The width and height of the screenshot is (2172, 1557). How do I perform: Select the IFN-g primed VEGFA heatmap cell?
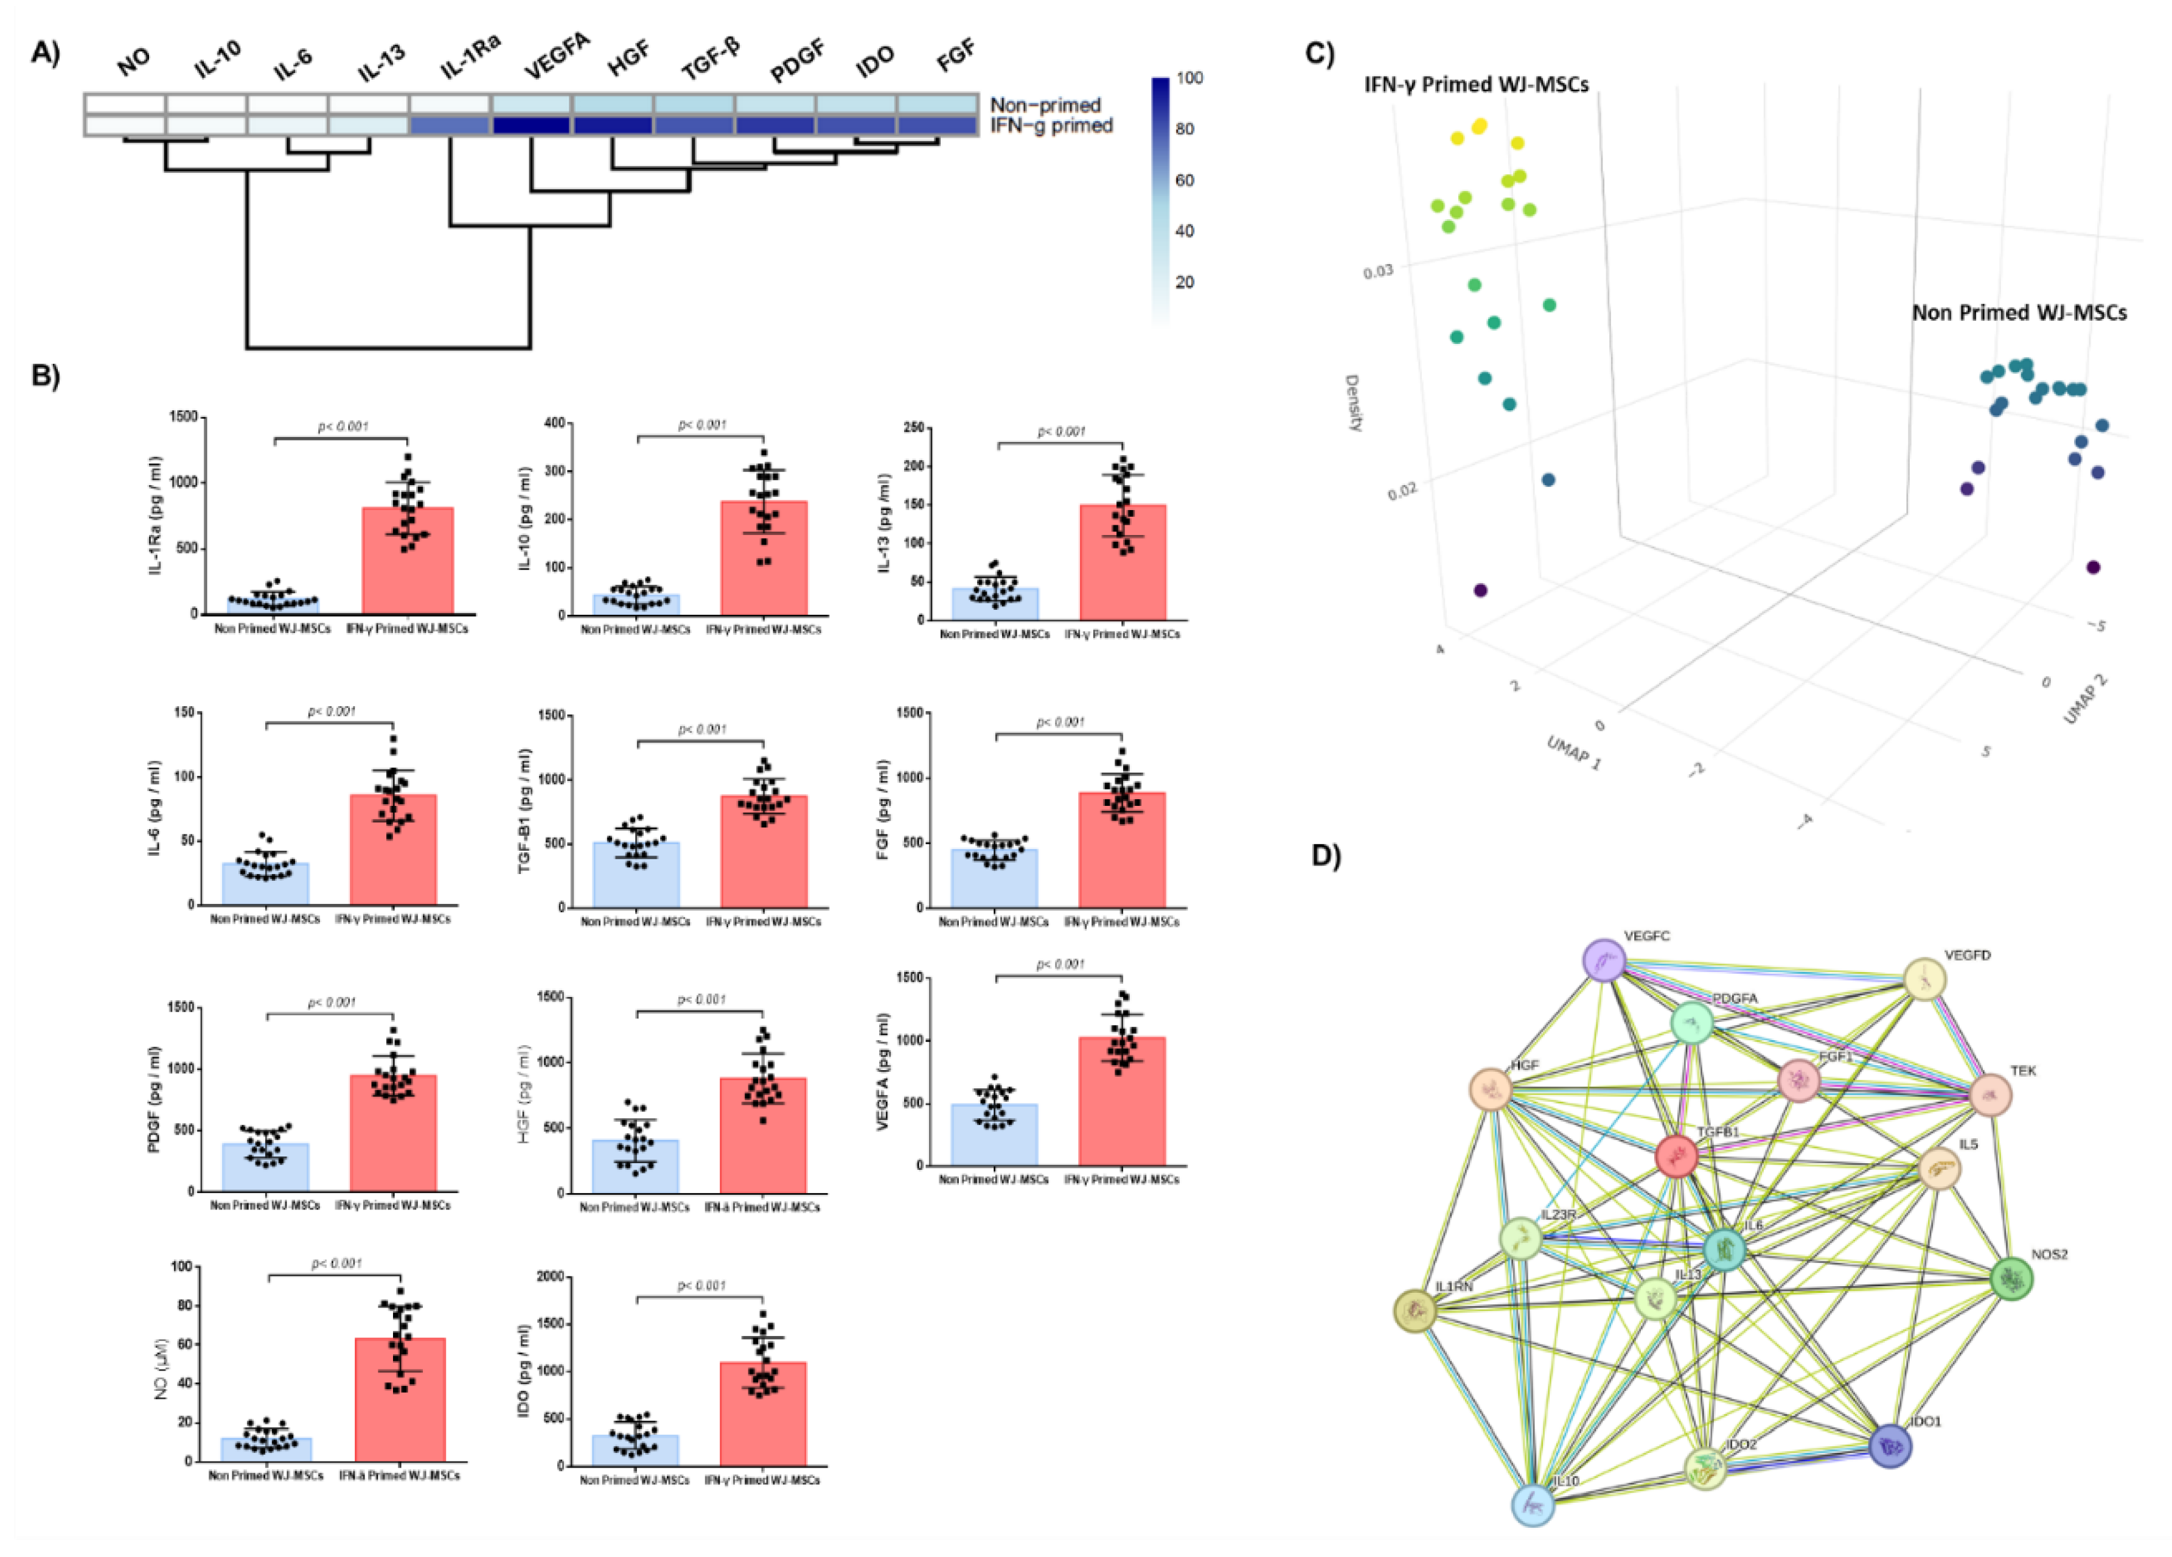pos(532,125)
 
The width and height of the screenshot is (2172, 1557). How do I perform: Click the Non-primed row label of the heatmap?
pos(1045,105)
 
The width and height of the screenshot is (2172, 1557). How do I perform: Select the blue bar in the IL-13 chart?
pos(994,604)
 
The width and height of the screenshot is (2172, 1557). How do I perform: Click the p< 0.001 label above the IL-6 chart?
pos(332,711)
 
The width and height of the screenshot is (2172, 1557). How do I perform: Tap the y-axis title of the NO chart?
pos(161,1368)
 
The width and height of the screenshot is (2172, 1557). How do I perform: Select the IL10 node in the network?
pos(1533,1503)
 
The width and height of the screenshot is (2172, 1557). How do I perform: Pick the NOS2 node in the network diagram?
pos(2011,1279)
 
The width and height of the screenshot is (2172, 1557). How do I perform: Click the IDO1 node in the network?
pos(1890,1446)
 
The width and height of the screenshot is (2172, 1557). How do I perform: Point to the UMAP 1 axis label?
pos(1573,753)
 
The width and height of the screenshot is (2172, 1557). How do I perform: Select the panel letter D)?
pos(1326,856)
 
